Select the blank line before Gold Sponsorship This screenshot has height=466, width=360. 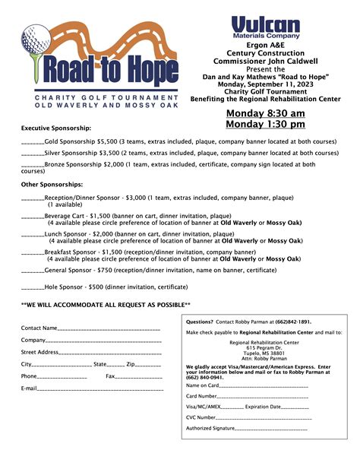tap(33, 142)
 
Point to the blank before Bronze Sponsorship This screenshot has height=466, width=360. tap(33, 164)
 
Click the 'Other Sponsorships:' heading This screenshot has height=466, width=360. tap(52, 185)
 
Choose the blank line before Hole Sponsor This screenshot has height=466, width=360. tap(33, 287)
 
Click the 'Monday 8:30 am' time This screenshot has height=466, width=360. tap(266, 114)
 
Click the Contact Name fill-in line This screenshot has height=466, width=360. tap(109, 329)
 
